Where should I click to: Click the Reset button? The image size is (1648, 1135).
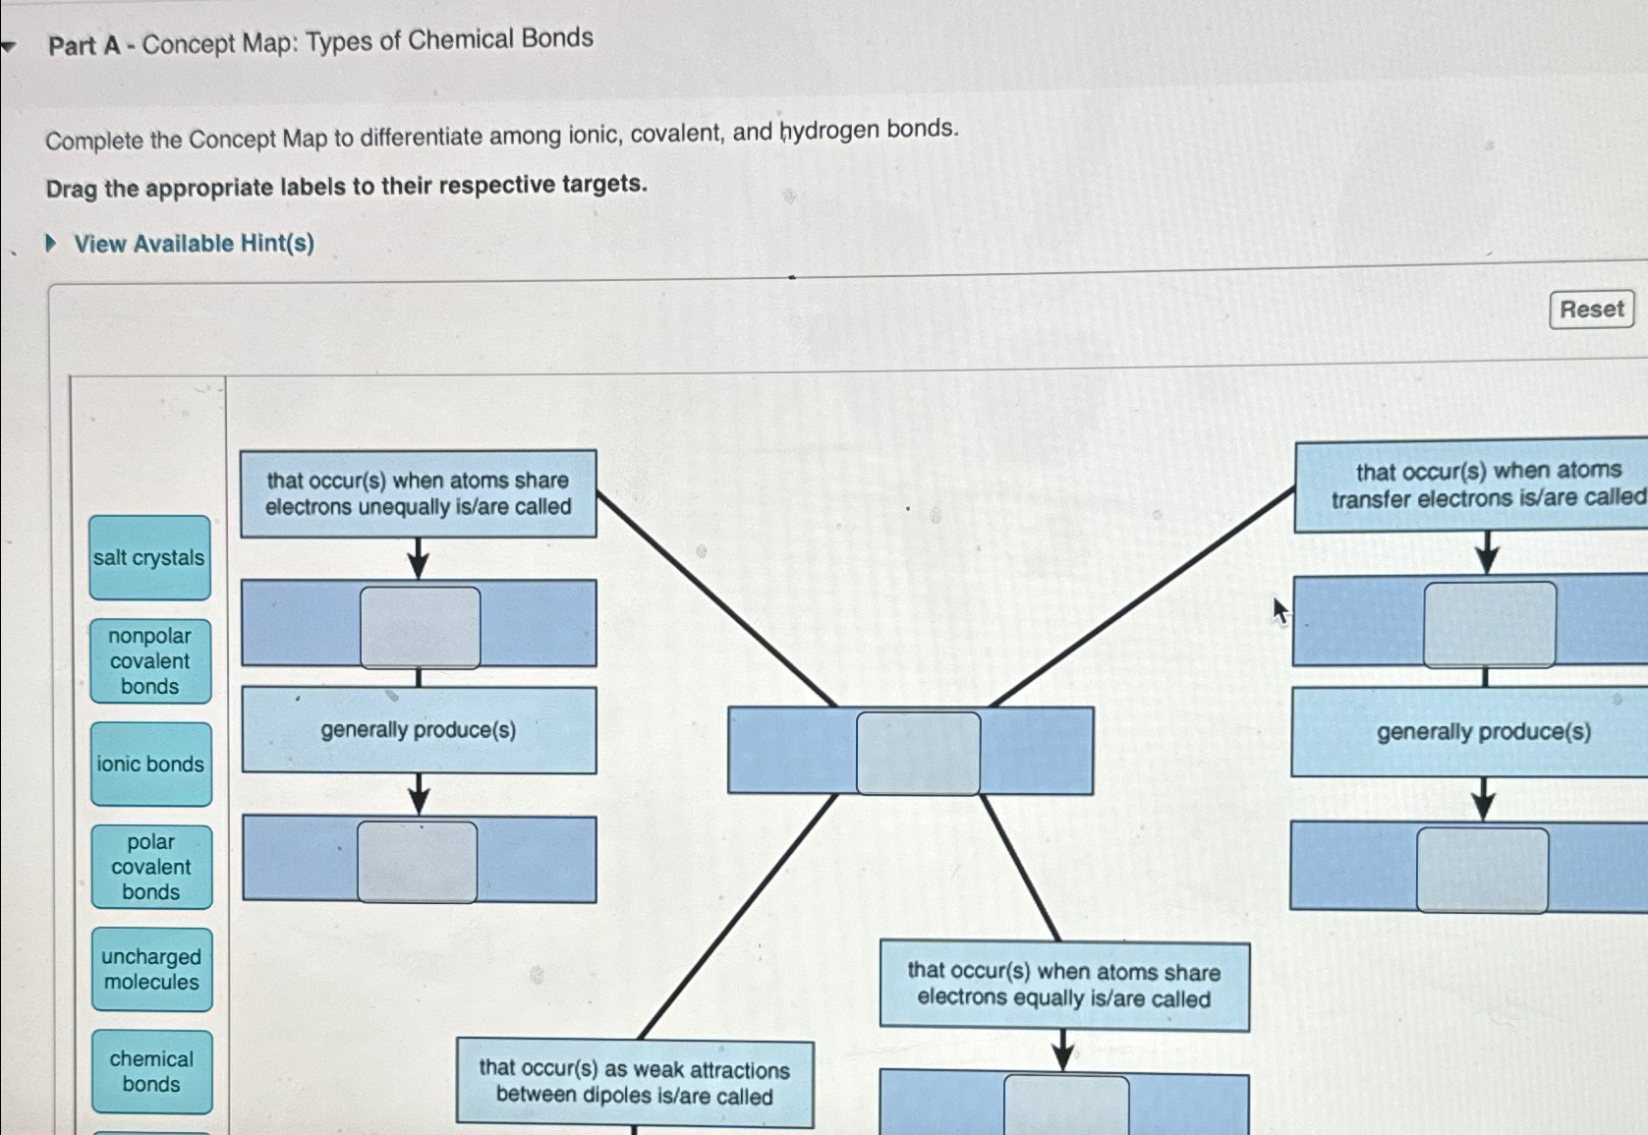(1590, 310)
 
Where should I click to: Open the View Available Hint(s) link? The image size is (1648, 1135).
(194, 244)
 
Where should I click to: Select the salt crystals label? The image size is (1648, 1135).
(149, 557)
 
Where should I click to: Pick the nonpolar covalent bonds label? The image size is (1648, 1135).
(150, 661)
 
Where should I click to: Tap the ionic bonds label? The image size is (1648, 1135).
(150, 764)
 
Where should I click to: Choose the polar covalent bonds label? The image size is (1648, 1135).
(151, 867)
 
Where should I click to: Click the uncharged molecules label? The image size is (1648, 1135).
(151, 969)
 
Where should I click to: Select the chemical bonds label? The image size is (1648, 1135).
(151, 1071)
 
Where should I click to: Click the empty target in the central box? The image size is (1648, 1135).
(918, 753)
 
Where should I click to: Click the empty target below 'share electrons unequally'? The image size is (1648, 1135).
(420, 627)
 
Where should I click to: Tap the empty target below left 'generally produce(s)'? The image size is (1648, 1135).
(418, 862)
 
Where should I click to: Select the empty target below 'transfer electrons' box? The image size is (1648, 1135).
(1489, 624)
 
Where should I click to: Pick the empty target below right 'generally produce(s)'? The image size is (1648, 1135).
(1482, 870)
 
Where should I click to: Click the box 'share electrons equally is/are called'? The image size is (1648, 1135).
(1063, 986)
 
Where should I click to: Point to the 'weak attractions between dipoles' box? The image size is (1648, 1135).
(634, 1083)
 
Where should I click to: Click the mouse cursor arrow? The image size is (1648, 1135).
(1279, 610)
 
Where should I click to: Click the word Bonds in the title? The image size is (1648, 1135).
(557, 38)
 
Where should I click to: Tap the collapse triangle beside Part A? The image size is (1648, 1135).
(9, 46)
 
